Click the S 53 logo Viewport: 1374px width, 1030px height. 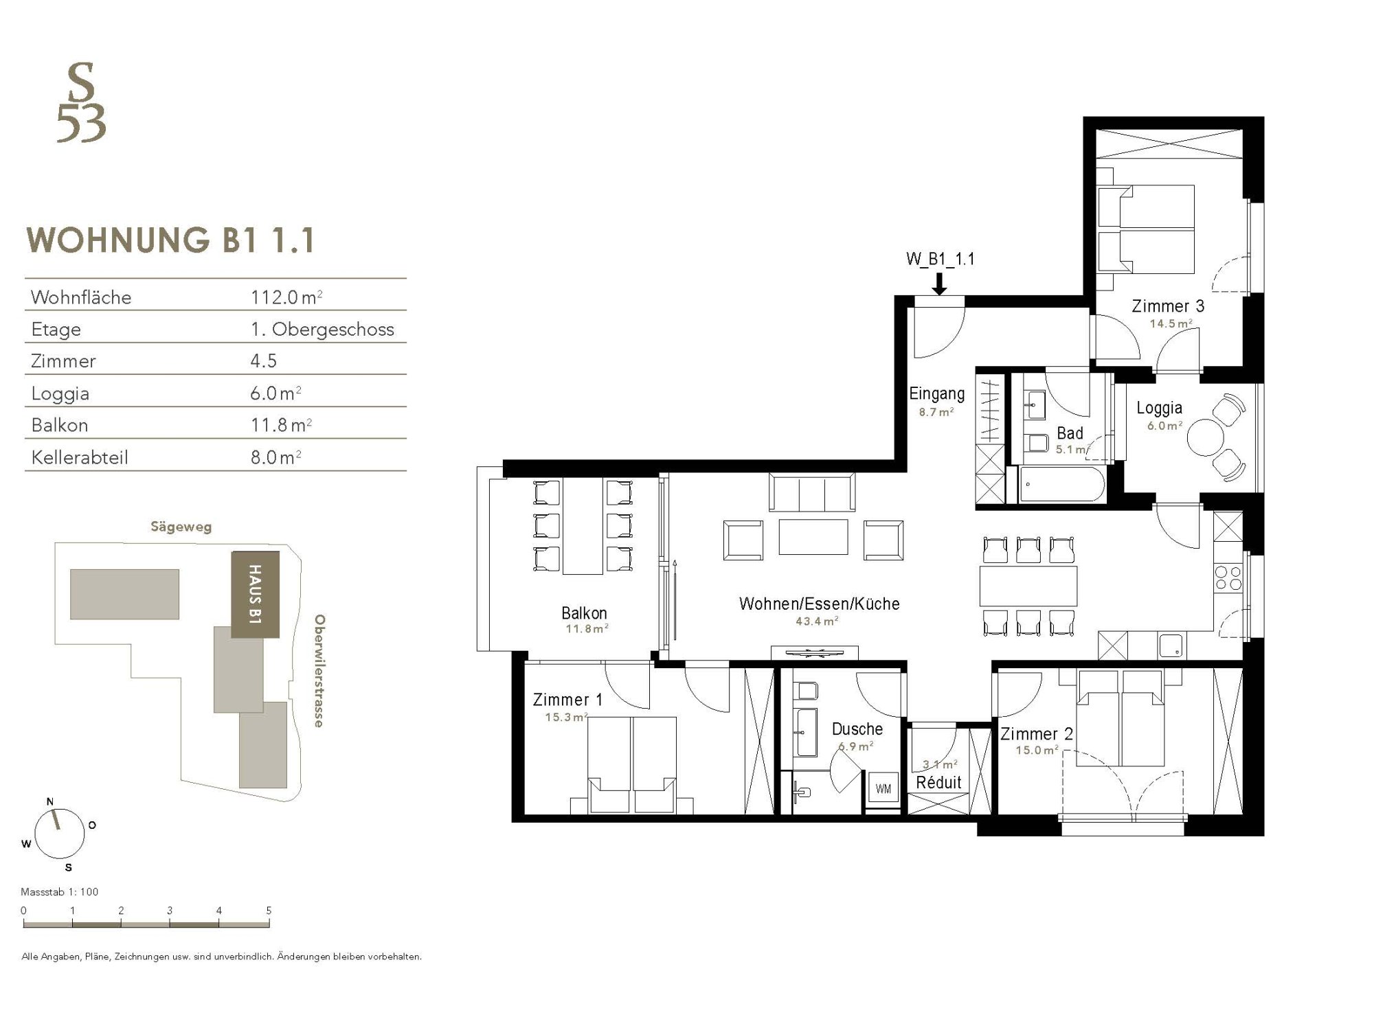(x=82, y=103)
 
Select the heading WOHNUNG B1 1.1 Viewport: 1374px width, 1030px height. (x=171, y=240)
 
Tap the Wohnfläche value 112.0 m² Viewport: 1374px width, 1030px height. (x=286, y=297)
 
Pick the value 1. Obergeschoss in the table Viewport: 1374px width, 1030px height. (x=322, y=329)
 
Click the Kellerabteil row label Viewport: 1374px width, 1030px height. (x=80, y=457)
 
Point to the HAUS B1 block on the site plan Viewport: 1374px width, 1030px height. (x=256, y=595)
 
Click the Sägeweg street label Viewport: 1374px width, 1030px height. (x=181, y=527)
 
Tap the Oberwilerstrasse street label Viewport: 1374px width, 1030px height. (x=319, y=671)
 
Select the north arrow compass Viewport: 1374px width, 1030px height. (x=60, y=833)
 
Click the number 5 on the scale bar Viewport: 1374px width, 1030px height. (x=269, y=911)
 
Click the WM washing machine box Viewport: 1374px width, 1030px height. (x=883, y=789)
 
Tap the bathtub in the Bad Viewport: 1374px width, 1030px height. (x=1062, y=485)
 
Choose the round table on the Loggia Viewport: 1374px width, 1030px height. (x=1206, y=438)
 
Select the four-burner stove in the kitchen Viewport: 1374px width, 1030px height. (x=1229, y=577)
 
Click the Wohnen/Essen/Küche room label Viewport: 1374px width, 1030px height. (x=819, y=604)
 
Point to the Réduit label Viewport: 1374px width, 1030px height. (x=938, y=782)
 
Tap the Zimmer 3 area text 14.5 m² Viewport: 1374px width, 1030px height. (x=1171, y=323)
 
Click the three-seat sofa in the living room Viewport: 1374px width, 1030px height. (x=812, y=493)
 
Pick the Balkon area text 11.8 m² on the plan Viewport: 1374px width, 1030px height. (x=586, y=628)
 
